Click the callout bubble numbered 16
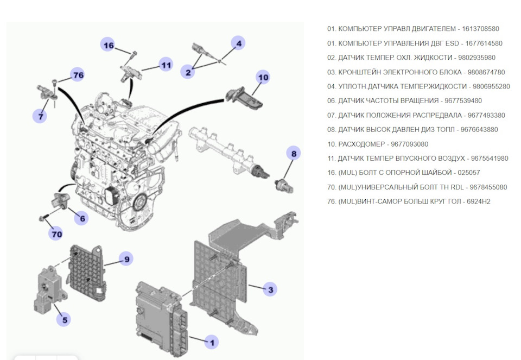(109, 46)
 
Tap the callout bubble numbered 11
(166, 65)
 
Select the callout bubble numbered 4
(238, 43)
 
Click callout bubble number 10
(263, 78)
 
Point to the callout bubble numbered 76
(78, 75)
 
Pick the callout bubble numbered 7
(40, 115)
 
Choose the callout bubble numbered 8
(294, 154)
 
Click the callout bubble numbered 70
(56, 234)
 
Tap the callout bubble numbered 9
(126, 260)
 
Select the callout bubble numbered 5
(64, 319)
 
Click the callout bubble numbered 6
(82, 218)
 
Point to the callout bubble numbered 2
(188, 72)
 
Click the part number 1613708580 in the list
(481, 28)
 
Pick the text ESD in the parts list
(453, 43)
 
